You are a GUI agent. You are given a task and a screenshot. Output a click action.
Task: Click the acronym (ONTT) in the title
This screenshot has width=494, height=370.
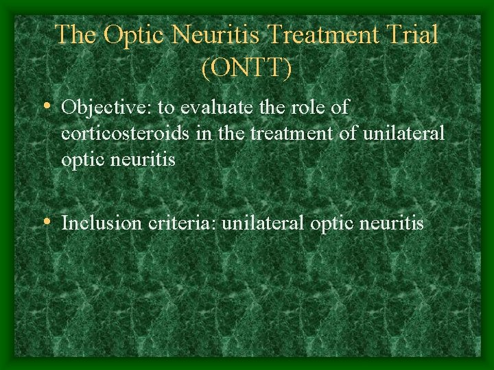[246, 68]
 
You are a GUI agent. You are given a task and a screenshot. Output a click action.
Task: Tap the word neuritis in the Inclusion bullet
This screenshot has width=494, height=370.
[396, 223]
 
